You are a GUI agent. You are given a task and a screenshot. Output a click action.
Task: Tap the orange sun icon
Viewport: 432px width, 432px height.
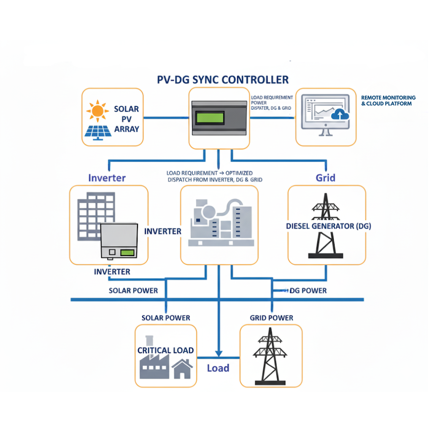point(98,111)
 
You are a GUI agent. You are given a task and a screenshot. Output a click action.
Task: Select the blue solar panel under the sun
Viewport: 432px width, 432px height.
point(98,131)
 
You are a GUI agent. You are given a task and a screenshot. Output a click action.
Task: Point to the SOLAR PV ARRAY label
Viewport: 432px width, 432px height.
point(127,119)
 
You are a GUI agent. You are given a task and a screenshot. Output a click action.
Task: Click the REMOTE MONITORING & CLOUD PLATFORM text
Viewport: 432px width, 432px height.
point(388,100)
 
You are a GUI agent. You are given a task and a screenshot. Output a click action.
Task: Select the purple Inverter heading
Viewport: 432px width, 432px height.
point(107,178)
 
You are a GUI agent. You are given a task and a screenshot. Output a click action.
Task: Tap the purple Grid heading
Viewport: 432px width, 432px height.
point(325,178)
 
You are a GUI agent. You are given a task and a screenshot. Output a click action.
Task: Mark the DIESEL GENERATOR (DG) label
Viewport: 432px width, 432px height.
point(328,226)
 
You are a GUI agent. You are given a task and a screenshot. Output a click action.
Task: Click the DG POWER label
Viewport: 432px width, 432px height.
point(308,291)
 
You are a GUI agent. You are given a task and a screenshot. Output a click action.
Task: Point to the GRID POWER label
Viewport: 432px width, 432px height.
point(271,318)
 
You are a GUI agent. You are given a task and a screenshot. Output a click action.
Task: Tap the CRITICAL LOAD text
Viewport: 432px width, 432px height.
point(165,350)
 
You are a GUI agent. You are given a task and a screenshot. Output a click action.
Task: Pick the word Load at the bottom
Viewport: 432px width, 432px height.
point(218,368)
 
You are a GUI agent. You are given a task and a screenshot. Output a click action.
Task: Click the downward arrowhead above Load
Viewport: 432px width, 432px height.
point(218,353)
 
